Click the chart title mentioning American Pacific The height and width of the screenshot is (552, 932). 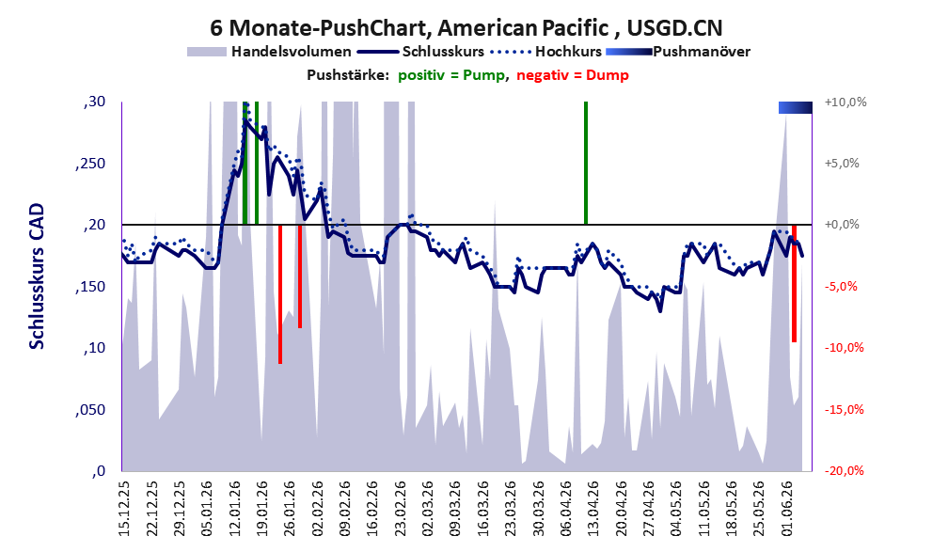[x=466, y=27]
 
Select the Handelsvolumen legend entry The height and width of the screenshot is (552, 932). [x=269, y=52]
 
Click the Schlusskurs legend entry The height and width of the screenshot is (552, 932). [x=420, y=52]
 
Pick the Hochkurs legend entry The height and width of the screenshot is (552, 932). [x=545, y=52]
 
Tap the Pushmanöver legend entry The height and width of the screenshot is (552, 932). [x=677, y=52]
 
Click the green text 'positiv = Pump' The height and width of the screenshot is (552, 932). [x=451, y=75]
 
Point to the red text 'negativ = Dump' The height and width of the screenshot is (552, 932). [x=573, y=75]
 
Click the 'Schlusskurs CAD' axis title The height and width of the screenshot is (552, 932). [x=37, y=276]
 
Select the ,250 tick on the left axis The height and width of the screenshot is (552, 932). [x=90, y=164]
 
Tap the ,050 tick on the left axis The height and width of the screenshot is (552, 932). [x=90, y=410]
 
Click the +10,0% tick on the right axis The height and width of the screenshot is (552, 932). [x=845, y=103]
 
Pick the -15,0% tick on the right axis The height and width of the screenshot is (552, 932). [x=844, y=410]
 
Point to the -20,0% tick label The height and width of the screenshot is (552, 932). [x=844, y=471]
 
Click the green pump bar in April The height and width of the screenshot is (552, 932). [x=586, y=163]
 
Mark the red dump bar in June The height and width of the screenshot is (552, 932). [x=794, y=283]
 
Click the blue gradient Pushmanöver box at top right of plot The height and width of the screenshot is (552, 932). [x=796, y=107]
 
